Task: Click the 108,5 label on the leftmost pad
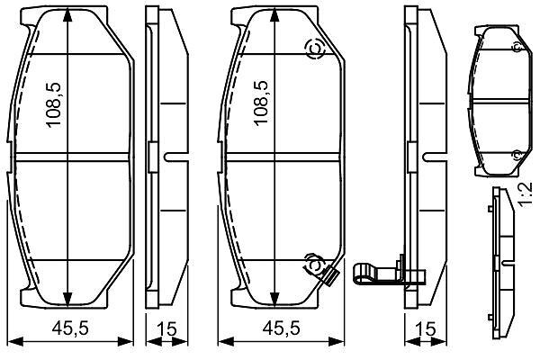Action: pos(54,105)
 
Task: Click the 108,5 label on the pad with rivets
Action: pos(261,103)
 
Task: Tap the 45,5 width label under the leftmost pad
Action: pos(70,328)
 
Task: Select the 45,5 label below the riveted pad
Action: pos(281,328)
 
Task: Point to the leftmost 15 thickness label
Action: pos(166,329)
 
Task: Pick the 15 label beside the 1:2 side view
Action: pos(426,329)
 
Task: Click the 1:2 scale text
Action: pos(526,195)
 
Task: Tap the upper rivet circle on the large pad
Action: pos(316,49)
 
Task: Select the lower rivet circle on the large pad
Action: pos(313,265)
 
